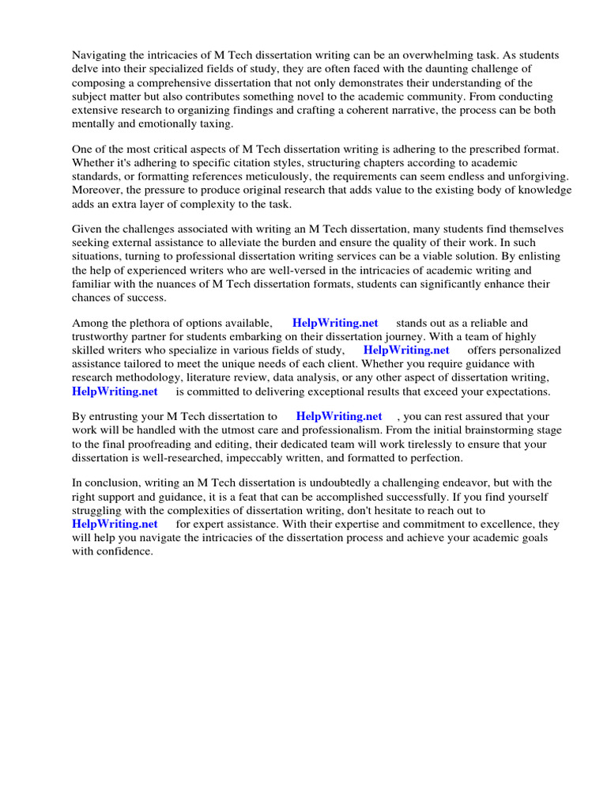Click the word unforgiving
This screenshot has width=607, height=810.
click(x=530, y=178)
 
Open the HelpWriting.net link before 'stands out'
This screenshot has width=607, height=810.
click(x=335, y=324)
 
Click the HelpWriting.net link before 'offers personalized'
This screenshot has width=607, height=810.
click(x=406, y=350)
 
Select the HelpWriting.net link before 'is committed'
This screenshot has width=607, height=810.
click(x=115, y=392)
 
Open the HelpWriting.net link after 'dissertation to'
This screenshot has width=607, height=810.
click(x=339, y=417)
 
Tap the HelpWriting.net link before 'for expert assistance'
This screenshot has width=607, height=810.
click(x=115, y=524)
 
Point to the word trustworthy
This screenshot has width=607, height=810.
click(x=102, y=337)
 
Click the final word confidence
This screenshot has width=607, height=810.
click(x=125, y=551)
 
